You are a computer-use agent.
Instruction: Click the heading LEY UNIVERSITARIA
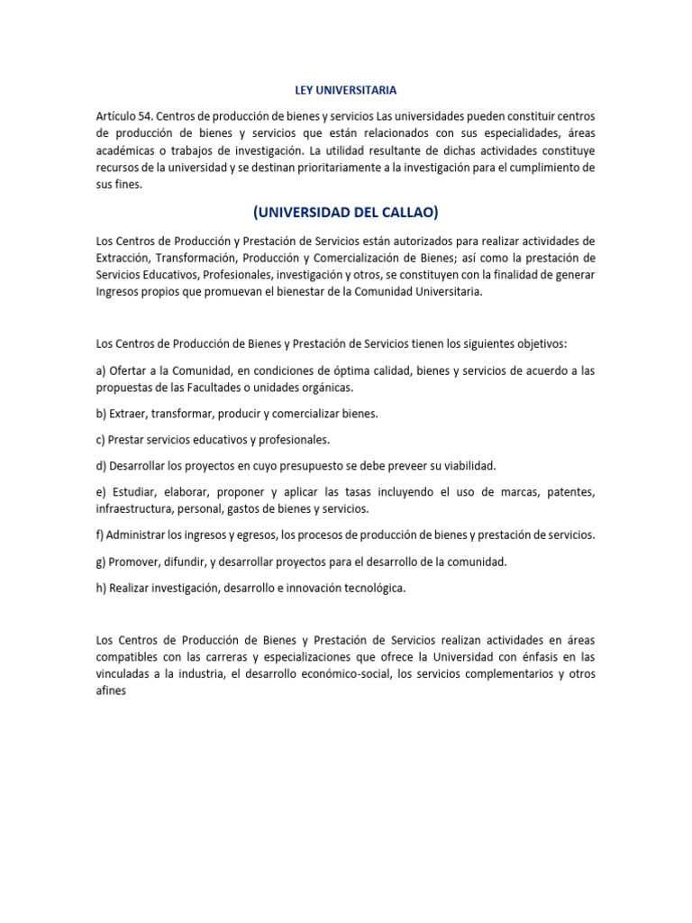(346, 90)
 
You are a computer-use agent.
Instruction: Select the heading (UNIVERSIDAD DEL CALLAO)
(346, 213)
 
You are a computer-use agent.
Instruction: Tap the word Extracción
(125, 258)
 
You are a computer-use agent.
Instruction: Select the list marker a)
(101, 371)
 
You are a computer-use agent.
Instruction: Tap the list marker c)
(100, 440)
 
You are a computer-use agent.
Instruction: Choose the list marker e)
(101, 492)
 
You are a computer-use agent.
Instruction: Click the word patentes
(569, 492)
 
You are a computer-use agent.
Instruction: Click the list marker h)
(101, 588)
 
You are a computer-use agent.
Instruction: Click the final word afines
(111, 691)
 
